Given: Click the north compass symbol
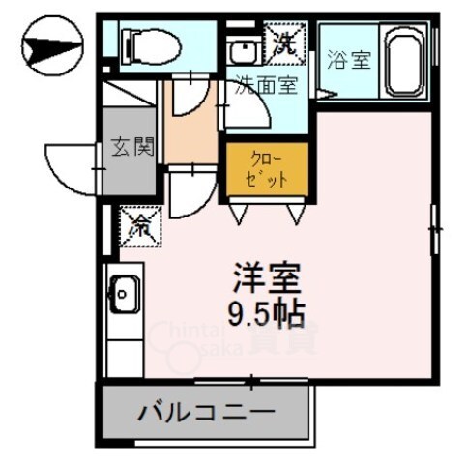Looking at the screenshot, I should coord(49,44).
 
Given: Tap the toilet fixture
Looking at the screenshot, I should coord(150,43).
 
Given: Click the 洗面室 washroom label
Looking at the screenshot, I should coord(267,86).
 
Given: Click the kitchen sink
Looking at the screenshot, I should coord(123,293).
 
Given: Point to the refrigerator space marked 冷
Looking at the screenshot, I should coord(139,226).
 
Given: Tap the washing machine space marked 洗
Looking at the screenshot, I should coord(285,42).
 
